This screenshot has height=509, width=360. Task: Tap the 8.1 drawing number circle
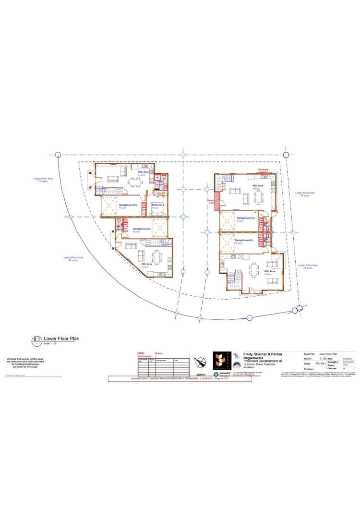[36, 340]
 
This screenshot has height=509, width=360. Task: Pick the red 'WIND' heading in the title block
[141, 353]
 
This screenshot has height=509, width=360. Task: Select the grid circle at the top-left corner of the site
[58, 155]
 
